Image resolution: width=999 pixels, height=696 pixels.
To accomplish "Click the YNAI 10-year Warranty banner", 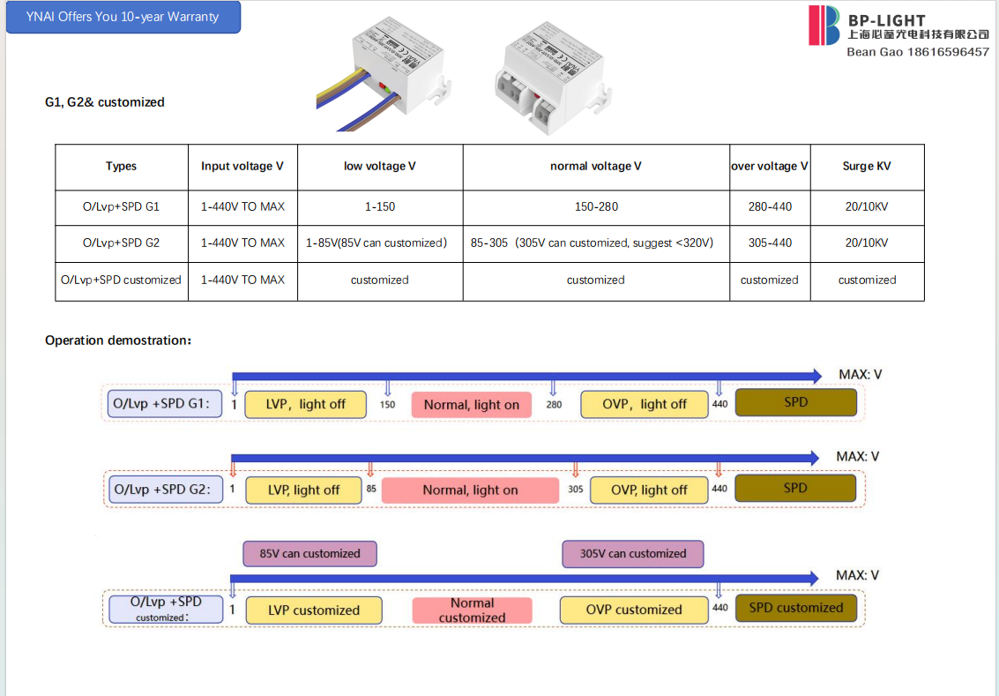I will click(123, 17).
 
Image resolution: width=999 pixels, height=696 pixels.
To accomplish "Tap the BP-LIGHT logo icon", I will click(825, 25).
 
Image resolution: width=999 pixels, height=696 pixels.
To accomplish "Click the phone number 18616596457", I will click(948, 52).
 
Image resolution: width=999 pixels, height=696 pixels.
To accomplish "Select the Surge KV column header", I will click(866, 166).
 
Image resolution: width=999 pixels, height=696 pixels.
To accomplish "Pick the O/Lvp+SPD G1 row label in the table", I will click(121, 206).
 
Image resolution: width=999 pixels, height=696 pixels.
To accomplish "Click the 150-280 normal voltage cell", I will click(595, 206).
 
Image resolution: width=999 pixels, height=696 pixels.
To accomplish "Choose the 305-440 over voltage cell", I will click(769, 243).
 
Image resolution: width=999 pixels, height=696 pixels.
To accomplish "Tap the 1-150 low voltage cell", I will click(379, 206).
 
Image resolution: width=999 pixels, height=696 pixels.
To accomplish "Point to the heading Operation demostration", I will click(117, 341).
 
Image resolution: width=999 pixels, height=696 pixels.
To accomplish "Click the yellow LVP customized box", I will click(313, 610).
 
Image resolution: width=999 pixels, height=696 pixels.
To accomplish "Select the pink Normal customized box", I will click(472, 610).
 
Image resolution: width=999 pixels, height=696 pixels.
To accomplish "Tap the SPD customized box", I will click(795, 608).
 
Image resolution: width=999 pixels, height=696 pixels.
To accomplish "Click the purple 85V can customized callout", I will click(309, 554).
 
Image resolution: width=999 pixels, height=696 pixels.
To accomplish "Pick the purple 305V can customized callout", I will click(632, 554).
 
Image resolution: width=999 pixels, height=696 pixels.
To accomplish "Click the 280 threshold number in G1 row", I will click(554, 405).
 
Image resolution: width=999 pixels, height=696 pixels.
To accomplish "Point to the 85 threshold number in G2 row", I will click(371, 489).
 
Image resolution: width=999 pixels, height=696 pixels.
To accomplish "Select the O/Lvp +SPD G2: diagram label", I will click(162, 489).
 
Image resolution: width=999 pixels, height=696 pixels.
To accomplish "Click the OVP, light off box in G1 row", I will click(645, 404).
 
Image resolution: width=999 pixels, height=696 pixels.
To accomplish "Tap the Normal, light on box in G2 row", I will click(470, 490).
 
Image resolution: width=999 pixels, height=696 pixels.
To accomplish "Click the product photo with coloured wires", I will click(381, 75).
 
